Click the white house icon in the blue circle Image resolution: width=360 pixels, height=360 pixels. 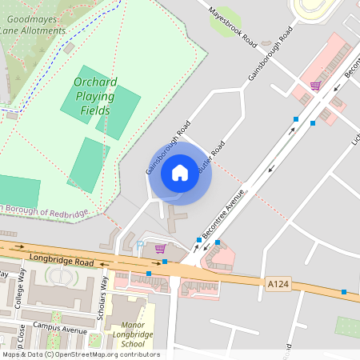(180, 172)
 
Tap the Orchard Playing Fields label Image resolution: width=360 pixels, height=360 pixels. (95, 96)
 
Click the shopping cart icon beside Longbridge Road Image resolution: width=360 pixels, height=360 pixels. (160, 248)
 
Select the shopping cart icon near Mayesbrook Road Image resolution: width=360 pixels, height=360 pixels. (315, 86)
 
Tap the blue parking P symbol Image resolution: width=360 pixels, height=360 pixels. (141, 244)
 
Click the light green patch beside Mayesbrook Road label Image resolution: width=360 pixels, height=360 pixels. (224, 19)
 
